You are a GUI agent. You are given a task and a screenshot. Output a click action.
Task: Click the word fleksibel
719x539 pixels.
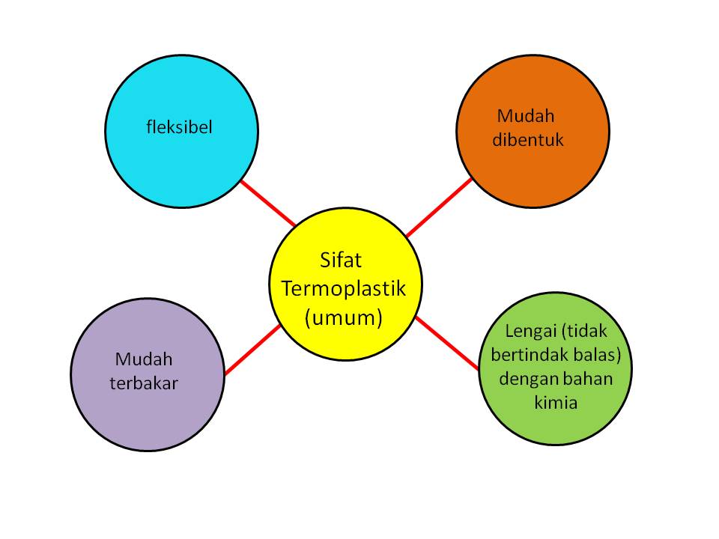coord(179,127)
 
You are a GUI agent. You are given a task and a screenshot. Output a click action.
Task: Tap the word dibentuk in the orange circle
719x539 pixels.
coord(528,139)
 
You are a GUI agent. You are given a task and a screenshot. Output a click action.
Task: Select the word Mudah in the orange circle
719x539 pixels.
coord(525,116)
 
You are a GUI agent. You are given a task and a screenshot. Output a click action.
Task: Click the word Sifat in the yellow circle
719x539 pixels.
coord(340,262)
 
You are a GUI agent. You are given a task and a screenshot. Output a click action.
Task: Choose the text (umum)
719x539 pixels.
coord(344,317)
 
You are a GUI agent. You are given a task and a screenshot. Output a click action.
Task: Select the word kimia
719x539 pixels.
coord(556,403)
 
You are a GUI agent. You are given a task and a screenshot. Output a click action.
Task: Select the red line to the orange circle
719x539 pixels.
coord(439,207)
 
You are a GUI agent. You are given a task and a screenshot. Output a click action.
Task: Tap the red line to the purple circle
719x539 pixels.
coord(252,350)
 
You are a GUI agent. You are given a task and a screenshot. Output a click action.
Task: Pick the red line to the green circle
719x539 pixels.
coord(447,343)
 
